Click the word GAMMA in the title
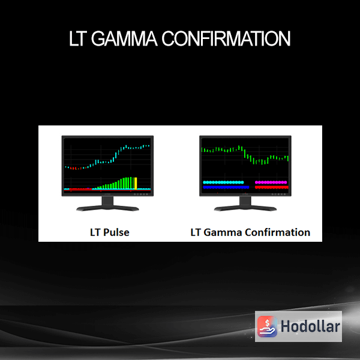(x=124, y=38)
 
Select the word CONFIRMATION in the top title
(x=226, y=38)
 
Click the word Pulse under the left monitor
(x=116, y=232)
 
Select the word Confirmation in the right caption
(x=277, y=232)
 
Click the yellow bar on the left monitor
(x=136, y=183)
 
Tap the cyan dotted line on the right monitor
(x=223, y=182)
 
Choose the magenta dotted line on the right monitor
(x=271, y=182)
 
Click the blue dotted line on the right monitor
(x=226, y=187)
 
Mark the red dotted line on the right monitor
(x=272, y=187)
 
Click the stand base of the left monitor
(x=107, y=208)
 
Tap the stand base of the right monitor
(x=245, y=208)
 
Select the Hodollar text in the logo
(x=310, y=326)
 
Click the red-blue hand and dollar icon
(x=267, y=326)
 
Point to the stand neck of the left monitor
(x=107, y=201)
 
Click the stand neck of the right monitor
(x=245, y=201)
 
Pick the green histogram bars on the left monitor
(x=115, y=184)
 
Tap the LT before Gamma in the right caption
(x=196, y=232)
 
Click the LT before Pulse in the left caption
(x=95, y=232)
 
